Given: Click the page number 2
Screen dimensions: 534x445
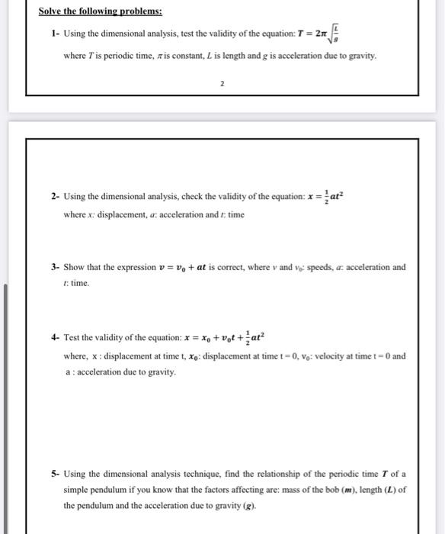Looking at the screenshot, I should [x=222, y=85].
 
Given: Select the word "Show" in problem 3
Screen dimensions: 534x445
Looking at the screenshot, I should [x=76, y=268].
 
